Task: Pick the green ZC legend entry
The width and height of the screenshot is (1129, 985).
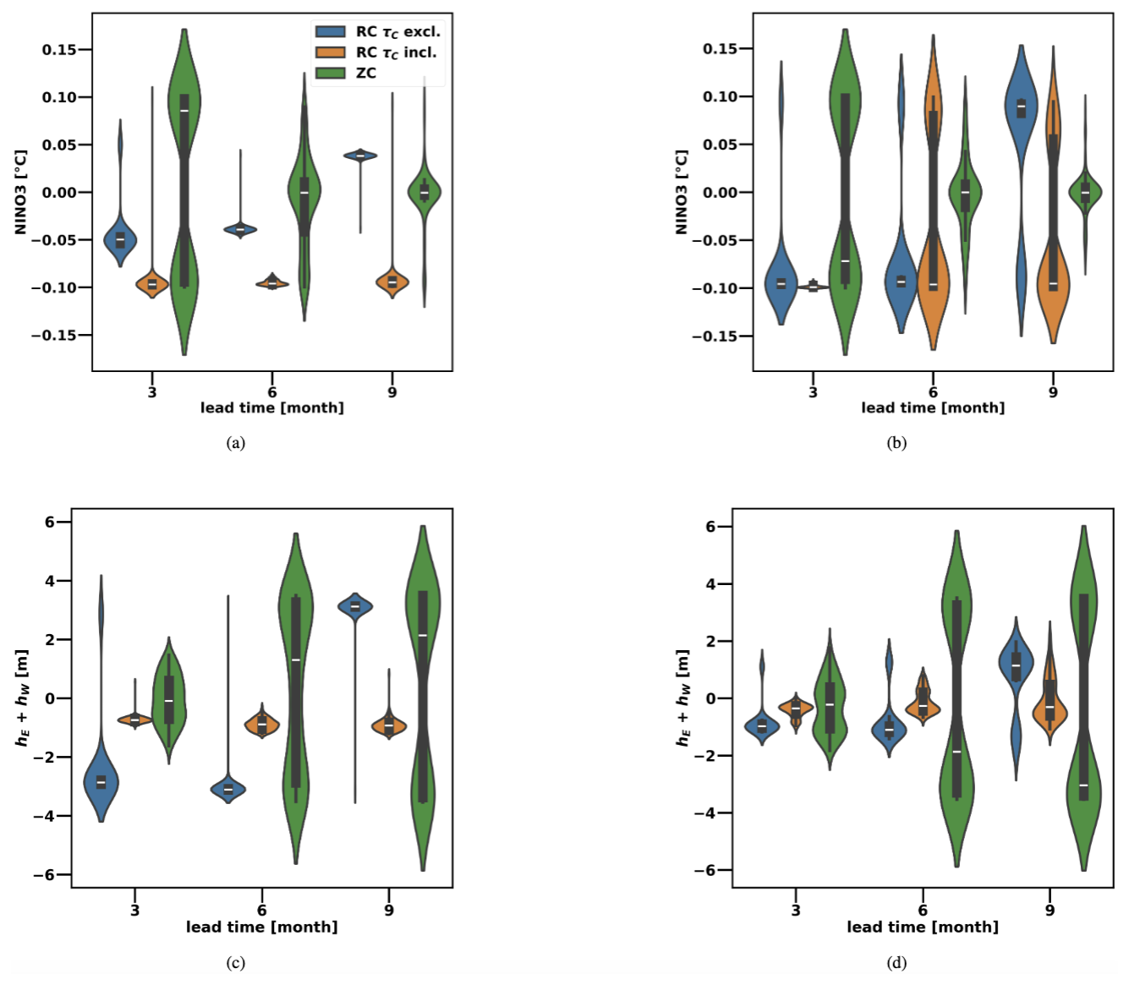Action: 347,73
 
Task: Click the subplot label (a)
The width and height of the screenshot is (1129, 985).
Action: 236,442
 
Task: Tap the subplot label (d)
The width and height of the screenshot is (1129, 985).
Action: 896,962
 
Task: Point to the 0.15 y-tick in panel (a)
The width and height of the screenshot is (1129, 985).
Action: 59,50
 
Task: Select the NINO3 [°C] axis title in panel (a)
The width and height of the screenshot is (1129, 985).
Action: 20,193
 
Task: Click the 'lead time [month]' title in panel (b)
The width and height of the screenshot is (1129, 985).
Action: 933,408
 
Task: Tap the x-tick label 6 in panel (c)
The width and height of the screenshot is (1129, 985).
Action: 262,911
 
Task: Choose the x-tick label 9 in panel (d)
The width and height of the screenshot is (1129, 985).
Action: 1050,911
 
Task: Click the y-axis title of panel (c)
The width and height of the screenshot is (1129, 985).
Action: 21,698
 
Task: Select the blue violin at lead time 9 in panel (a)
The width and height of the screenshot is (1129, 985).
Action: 361,156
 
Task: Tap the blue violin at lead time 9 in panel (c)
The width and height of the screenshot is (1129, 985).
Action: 355,606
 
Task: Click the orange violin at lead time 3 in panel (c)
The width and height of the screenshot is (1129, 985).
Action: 135,720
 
